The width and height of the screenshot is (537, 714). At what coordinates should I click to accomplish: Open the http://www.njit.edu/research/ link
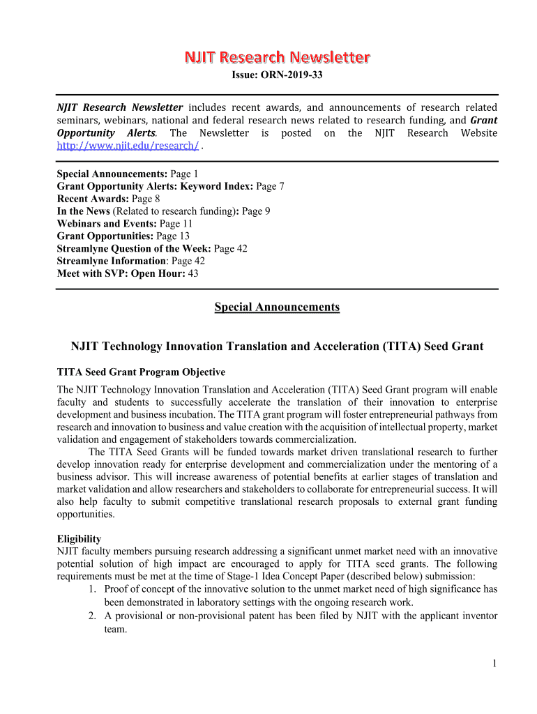pyautogui.click(x=128, y=146)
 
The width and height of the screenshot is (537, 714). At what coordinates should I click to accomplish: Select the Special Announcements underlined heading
pyautogui.click(x=277, y=307)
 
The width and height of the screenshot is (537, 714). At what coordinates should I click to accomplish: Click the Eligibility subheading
pyautogui.click(x=79, y=539)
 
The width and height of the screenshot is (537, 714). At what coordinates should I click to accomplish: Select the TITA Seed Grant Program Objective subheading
pyautogui.click(x=141, y=372)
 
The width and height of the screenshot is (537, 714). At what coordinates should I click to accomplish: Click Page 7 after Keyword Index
pyautogui.click(x=270, y=186)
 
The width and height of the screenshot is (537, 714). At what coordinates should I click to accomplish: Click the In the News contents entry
pyautogui.click(x=83, y=211)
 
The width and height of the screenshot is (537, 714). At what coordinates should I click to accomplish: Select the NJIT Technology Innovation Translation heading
pyautogui.click(x=277, y=347)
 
